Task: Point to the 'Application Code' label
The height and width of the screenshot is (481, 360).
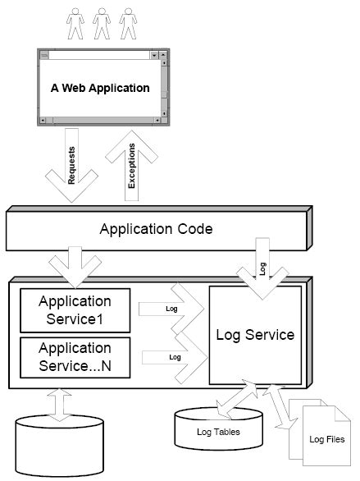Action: tap(156, 228)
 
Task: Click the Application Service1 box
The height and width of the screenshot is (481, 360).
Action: tap(75, 311)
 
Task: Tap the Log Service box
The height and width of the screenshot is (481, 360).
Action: tap(254, 335)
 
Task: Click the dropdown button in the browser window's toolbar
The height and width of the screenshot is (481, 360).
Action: tap(153, 55)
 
